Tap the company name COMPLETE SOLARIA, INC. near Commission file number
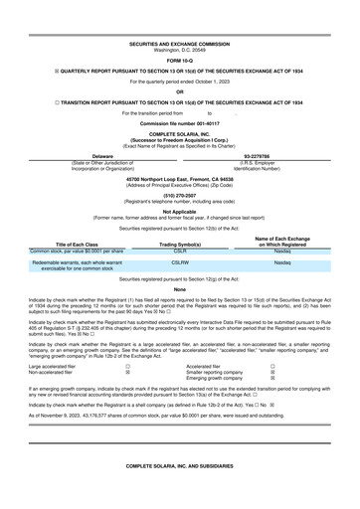pos(179,132)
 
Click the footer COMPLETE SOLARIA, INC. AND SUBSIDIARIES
pos(179,492)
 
